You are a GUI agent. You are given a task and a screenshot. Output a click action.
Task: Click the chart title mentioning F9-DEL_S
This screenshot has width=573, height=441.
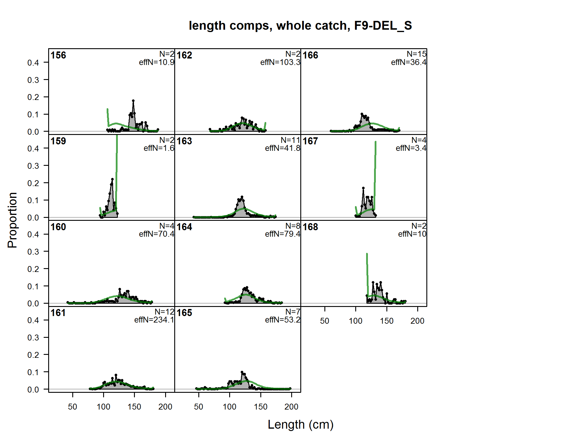pyautogui.click(x=300, y=26)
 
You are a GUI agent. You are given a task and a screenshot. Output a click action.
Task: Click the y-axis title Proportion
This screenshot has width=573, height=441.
pyautogui.click(x=12, y=220)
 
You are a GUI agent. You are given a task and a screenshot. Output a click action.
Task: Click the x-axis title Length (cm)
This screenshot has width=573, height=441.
pyautogui.click(x=301, y=425)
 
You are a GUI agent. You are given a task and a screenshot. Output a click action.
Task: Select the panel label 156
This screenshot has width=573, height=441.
pyautogui.click(x=58, y=55)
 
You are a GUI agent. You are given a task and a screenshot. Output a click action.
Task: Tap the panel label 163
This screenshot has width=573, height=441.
pyautogui.click(x=184, y=141)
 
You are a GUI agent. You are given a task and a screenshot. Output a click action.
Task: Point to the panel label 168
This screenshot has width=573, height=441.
pyautogui.click(x=310, y=227)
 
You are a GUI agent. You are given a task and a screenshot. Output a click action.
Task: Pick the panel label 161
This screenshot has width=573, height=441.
pyautogui.click(x=58, y=313)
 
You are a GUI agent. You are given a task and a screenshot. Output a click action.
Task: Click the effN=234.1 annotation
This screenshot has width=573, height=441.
pyautogui.click(x=154, y=320)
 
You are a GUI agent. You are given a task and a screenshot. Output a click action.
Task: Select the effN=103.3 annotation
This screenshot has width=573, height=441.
pyautogui.click(x=280, y=62)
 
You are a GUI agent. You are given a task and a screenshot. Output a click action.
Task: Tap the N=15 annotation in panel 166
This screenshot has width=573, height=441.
pyautogui.click(x=416, y=54)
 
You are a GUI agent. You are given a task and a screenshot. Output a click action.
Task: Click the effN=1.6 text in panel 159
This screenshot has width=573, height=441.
pyautogui.click(x=159, y=148)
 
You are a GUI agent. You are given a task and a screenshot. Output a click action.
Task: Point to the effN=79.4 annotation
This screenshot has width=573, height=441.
pyautogui.click(x=283, y=234)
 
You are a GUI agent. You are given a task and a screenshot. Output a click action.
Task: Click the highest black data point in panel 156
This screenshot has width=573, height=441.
pyautogui.click(x=133, y=101)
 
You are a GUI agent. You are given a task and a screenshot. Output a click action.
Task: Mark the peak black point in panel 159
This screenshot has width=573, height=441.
pyautogui.click(x=112, y=179)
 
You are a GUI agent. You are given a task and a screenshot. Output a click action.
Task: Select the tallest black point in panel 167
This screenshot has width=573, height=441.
pyautogui.click(x=363, y=188)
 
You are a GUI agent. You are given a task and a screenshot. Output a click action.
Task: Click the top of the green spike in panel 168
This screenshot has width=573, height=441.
pyautogui.click(x=367, y=254)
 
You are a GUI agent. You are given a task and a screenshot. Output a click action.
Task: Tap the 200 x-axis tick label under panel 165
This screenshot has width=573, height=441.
pyautogui.click(x=291, y=407)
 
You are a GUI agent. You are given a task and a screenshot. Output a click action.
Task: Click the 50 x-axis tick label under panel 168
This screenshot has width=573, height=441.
pyautogui.click(x=325, y=321)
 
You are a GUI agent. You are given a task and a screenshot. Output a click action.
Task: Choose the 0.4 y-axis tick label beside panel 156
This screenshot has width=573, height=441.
pyautogui.click(x=33, y=63)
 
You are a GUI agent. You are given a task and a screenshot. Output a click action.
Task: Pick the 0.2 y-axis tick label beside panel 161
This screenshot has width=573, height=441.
pyautogui.click(x=33, y=355)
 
